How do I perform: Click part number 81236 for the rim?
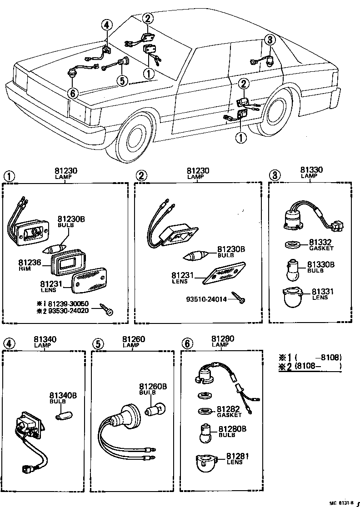tap(30, 263)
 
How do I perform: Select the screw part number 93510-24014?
tap(206, 299)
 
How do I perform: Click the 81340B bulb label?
tap(63, 395)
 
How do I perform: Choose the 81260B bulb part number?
tap(153, 387)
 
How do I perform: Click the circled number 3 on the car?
tap(270, 40)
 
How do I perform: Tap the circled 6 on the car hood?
tap(73, 93)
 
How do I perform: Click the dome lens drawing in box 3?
tap(292, 296)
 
